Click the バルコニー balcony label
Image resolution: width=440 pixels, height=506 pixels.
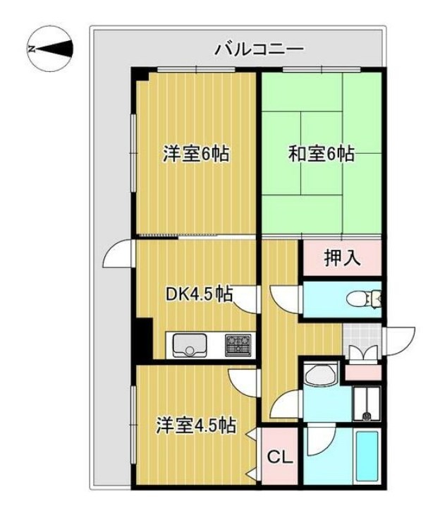[x=259, y=49]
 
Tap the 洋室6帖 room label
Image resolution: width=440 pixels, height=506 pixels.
[x=196, y=154]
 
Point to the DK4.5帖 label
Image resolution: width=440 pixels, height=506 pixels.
[x=200, y=293]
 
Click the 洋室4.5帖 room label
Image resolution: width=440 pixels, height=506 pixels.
[x=195, y=426]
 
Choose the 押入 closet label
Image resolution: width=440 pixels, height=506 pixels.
[x=343, y=258]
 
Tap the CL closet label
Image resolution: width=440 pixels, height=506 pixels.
[x=281, y=458]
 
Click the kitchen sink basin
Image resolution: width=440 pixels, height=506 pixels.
[x=190, y=345]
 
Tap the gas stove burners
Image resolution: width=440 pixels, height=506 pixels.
[x=238, y=344]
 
